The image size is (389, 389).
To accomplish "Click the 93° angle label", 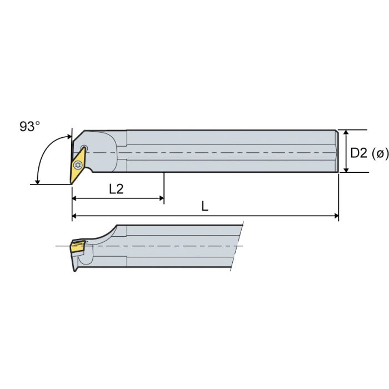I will pos(30,127).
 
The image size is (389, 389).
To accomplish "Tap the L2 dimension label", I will pos(116,189).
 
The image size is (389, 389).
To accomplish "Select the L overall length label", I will pos(205,206).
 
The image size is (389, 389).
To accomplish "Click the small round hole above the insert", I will pos(84,148).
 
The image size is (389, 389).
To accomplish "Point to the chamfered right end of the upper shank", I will pos(337,151).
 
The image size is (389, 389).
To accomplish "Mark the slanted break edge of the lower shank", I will pos(237,247).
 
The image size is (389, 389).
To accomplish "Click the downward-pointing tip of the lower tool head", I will pos(74,270).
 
